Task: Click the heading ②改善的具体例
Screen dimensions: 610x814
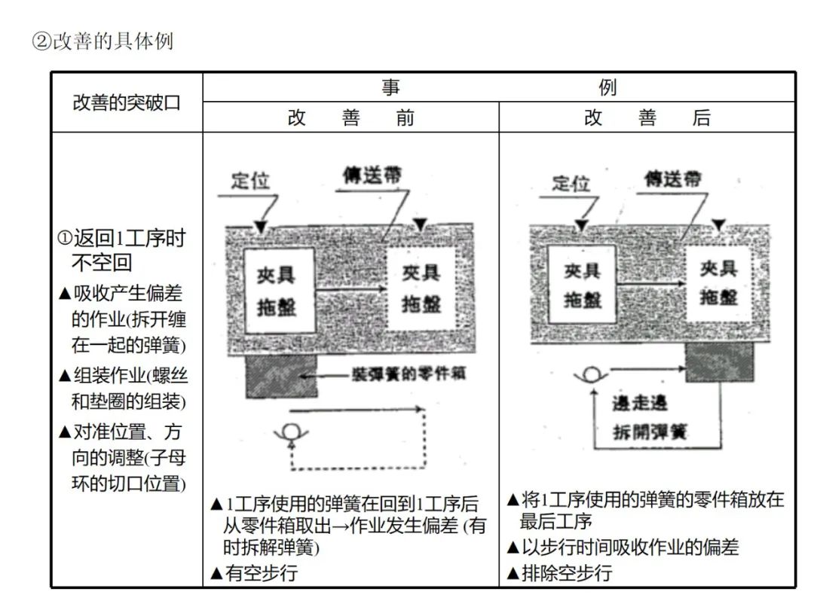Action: pos(103,41)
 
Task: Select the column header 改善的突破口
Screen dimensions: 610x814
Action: pos(127,103)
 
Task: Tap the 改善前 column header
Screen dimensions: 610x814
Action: pos(350,118)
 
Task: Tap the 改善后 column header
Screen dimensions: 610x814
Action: pos(647,118)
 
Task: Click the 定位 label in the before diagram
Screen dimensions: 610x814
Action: pos(250,181)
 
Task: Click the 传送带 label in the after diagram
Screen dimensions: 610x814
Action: pos(672,178)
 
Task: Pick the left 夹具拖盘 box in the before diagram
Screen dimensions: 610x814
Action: pos(276,290)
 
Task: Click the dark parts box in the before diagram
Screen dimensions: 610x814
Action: pos(281,376)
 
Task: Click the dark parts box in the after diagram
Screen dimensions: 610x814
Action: pos(718,362)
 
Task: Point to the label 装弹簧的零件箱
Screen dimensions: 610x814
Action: pos(408,374)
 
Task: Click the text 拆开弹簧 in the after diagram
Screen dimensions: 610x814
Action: pos(650,432)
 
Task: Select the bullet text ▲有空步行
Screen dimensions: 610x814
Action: pos(254,573)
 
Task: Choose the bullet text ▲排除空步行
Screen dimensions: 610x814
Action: pos(558,573)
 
